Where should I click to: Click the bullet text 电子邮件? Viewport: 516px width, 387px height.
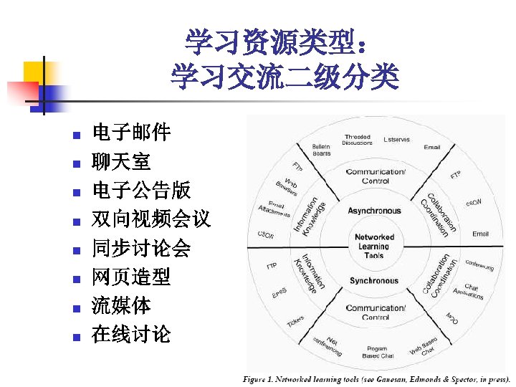click(x=131, y=133)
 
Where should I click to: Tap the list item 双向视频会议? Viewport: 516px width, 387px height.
click(x=151, y=219)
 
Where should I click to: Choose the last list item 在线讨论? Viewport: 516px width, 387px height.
click(x=131, y=333)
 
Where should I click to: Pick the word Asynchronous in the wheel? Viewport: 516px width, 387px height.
click(x=374, y=211)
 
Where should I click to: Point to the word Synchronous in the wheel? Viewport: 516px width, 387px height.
click(x=374, y=280)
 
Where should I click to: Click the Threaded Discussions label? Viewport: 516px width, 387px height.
click(x=358, y=140)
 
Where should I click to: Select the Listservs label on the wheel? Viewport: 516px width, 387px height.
click(x=396, y=140)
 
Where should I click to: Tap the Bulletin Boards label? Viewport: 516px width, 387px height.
click(x=322, y=150)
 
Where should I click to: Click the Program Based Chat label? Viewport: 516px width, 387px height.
click(x=378, y=352)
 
